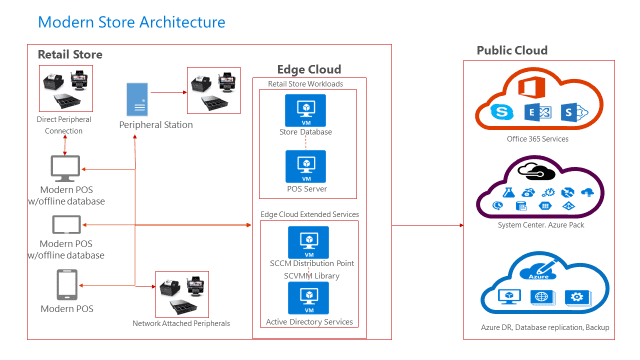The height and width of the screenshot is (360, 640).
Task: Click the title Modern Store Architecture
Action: [131, 21]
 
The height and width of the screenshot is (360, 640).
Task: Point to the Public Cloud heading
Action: [512, 50]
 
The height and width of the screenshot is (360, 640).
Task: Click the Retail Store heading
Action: [70, 54]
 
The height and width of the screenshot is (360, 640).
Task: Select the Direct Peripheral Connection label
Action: [63, 125]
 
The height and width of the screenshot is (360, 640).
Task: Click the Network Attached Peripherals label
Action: [180, 324]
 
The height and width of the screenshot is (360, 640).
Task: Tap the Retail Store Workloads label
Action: [306, 84]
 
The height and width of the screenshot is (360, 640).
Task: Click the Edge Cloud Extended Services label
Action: [310, 215]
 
